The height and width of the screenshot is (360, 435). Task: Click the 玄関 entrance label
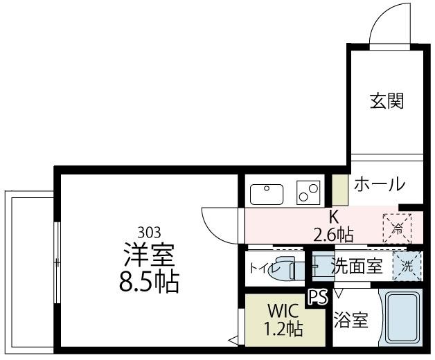(386, 102)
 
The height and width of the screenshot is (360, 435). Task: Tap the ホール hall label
(380, 184)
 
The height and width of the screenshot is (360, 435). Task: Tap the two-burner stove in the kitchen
(308, 192)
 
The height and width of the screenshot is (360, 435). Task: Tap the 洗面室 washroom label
(357, 267)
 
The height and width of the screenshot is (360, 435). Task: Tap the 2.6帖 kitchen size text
(333, 234)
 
